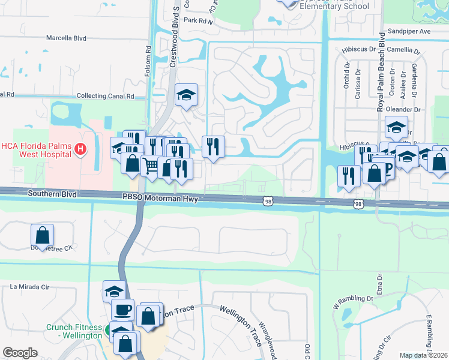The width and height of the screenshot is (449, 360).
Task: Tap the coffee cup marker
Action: point(123,310)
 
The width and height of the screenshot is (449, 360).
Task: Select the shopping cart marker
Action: point(151,165)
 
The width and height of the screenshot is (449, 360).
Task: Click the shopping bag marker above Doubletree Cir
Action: point(43,234)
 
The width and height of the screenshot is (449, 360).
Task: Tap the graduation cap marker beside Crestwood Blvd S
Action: point(186,94)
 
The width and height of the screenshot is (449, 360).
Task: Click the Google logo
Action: point(20,352)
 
